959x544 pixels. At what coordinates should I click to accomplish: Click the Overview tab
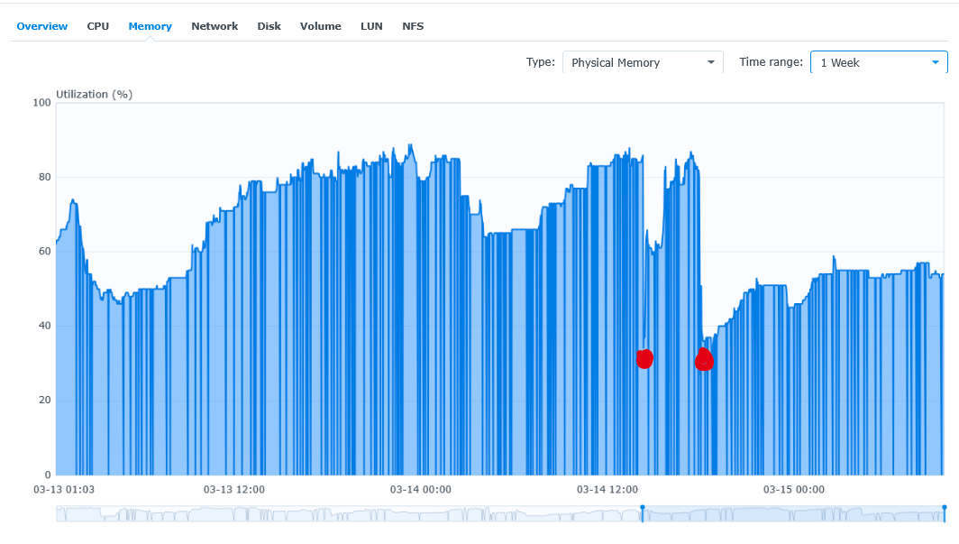[41, 26]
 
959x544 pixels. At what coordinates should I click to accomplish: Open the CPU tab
[98, 26]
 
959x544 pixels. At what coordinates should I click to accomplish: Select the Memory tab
[150, 26]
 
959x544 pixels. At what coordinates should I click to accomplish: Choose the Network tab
[215, 26]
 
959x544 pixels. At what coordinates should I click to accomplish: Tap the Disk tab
[269, 26]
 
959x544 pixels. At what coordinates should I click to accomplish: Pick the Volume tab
[321, 26]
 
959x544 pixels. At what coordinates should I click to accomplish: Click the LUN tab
[371, 26]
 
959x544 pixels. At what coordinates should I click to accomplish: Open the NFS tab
[413, 26]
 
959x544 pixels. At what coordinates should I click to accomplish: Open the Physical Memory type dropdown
[643, 62]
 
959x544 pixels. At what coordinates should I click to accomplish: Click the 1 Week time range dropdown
[879, 62]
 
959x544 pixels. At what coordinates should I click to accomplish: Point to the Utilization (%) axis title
[94, 94]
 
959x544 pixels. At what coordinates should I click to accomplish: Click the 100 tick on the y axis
[41, 103]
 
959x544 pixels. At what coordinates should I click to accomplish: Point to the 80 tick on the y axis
[44, 177]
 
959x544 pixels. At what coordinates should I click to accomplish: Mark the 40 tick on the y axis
[44, 326]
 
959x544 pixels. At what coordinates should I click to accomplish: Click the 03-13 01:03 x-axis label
[64, 490]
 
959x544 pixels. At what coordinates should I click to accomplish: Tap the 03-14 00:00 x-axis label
[421, 490]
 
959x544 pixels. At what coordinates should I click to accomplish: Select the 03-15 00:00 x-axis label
[794, 490]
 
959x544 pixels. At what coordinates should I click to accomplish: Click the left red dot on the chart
[644, 359]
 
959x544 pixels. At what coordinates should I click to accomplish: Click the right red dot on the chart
[704, 360]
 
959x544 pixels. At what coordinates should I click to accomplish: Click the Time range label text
[771, 62]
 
